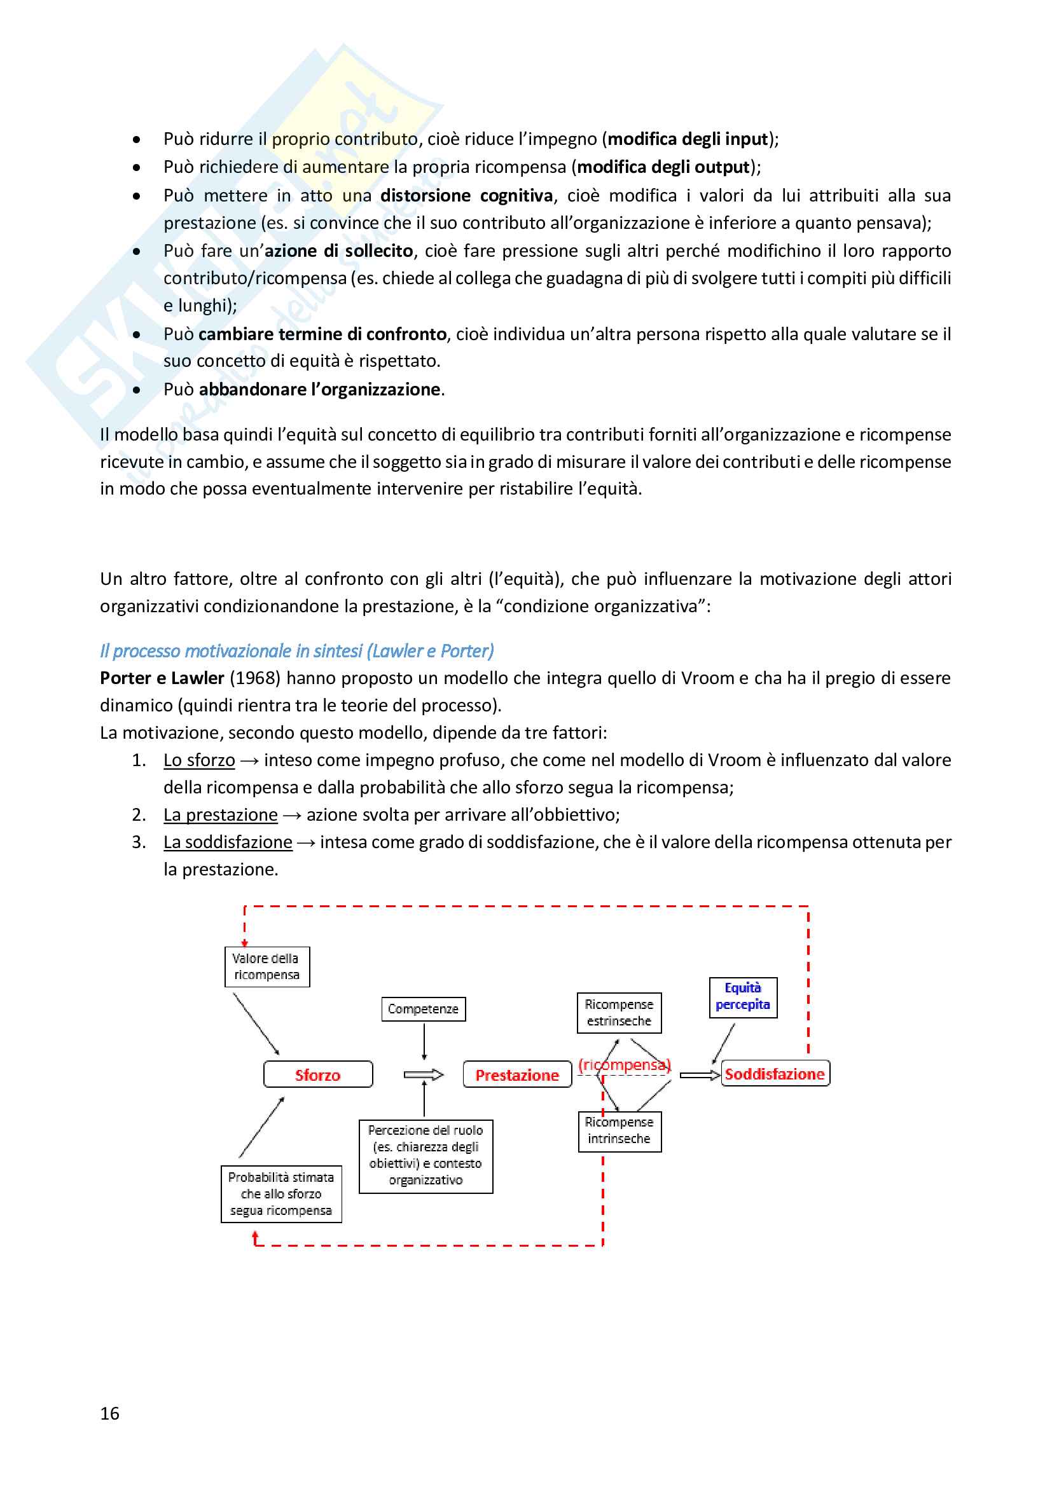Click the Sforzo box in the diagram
(318, 1074)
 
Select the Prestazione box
(517, 1074)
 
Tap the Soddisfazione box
(775, 1073)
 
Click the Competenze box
(423, 1008)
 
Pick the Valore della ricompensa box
(267, 966)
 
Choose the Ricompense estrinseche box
(619, 1012)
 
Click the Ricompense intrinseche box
(619, 1130)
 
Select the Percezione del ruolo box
(426, 1155)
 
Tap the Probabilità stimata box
(281, 1194)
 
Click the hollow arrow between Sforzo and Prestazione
(423, 1075)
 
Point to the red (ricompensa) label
(625, 1064)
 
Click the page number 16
(109, 1413)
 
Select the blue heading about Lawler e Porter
(296, 650)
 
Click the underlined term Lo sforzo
(199, 760)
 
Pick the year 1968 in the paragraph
(254, 678)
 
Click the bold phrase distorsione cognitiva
(466, 196)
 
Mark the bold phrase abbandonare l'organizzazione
(319, 389)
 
